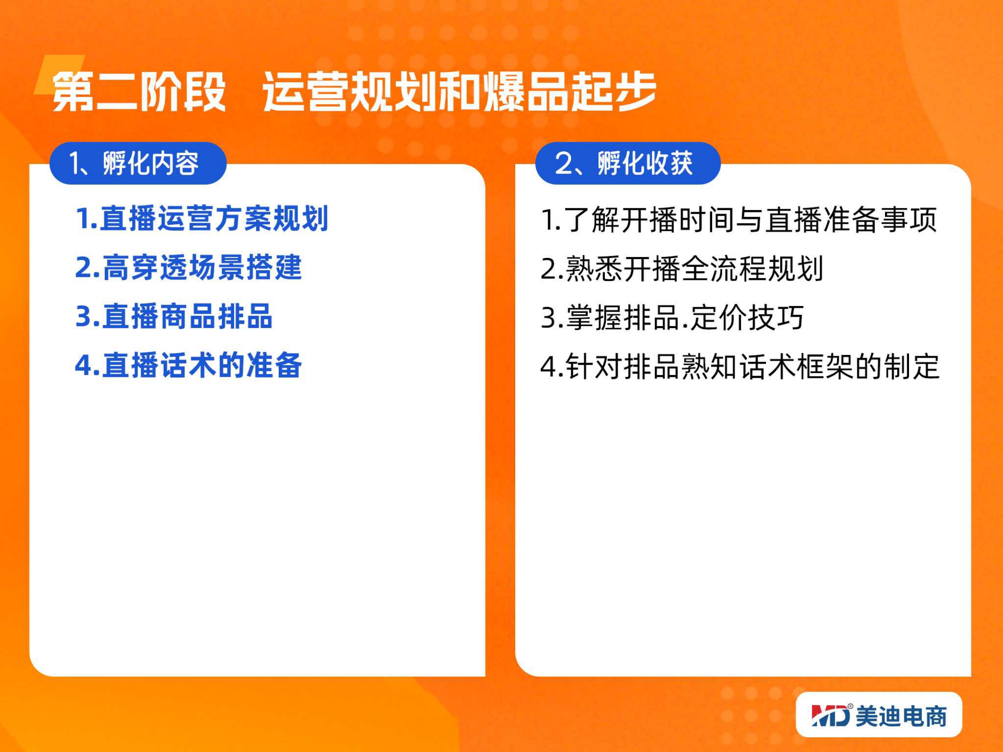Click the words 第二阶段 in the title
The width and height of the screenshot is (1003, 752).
(x=139, y=92)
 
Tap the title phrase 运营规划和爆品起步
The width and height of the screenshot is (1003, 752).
(x=459, y=92)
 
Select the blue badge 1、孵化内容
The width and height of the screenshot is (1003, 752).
(x=138, y=163)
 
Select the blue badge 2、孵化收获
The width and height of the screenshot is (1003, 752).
(x=628, y=163)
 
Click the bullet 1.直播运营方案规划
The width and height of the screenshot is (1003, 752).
(x=202, y=219)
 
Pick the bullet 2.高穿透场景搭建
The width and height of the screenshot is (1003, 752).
(x=188, y=267)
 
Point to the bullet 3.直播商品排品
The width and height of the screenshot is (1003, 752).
(x=174, y=316)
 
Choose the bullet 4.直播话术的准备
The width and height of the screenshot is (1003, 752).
(x=188, y=365)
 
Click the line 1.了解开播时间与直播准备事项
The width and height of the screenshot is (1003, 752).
(x=739, y=219)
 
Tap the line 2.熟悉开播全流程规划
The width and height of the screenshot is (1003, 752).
(x=682, y=268)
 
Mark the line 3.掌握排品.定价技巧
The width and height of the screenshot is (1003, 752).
(x=673, y=317)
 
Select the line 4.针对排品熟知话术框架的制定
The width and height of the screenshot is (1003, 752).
(x=740, y=366)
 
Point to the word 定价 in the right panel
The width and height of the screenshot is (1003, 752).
(x=719, y=317)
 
